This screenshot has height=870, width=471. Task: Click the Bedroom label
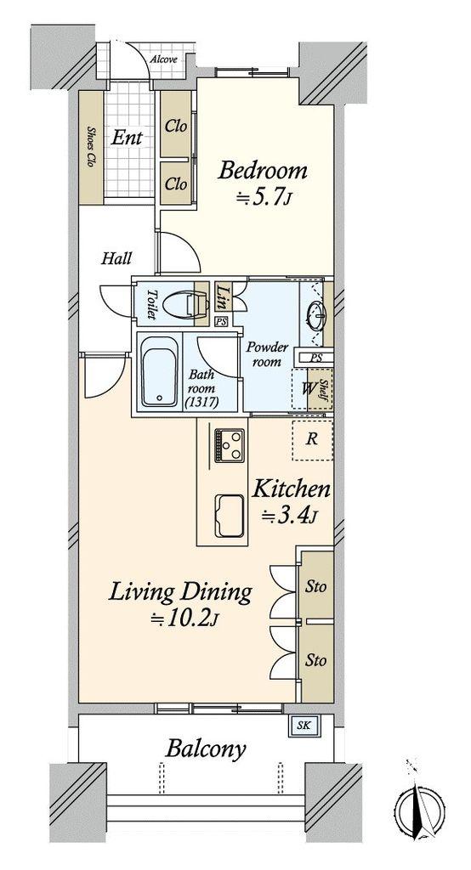[x=262, y=170]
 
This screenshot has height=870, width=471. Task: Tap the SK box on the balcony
[x=301, y=726]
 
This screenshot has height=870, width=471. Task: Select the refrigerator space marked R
[x=313, y=439]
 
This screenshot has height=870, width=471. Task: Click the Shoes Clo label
[x=90, y=147]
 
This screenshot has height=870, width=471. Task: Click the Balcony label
[x=206, y=750]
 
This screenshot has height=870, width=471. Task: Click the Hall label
[x=116, y=258]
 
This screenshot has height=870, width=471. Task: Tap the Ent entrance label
[x=127, y=138]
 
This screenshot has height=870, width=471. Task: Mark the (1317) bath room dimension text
[x=203, y=401]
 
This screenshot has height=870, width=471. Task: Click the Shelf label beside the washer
[x=321, y=390]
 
